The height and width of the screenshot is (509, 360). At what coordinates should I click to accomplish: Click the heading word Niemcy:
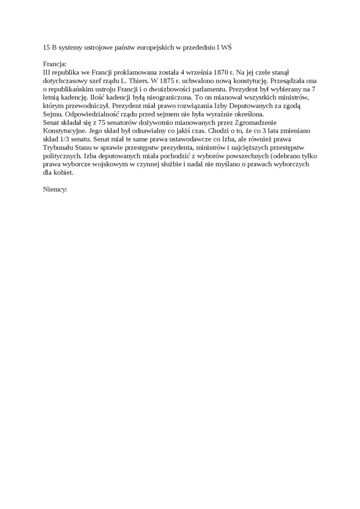pos(55,189)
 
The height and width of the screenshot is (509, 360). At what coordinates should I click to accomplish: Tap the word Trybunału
pos(58,148)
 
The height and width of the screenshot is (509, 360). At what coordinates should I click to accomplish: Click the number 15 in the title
pos(46,48)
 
